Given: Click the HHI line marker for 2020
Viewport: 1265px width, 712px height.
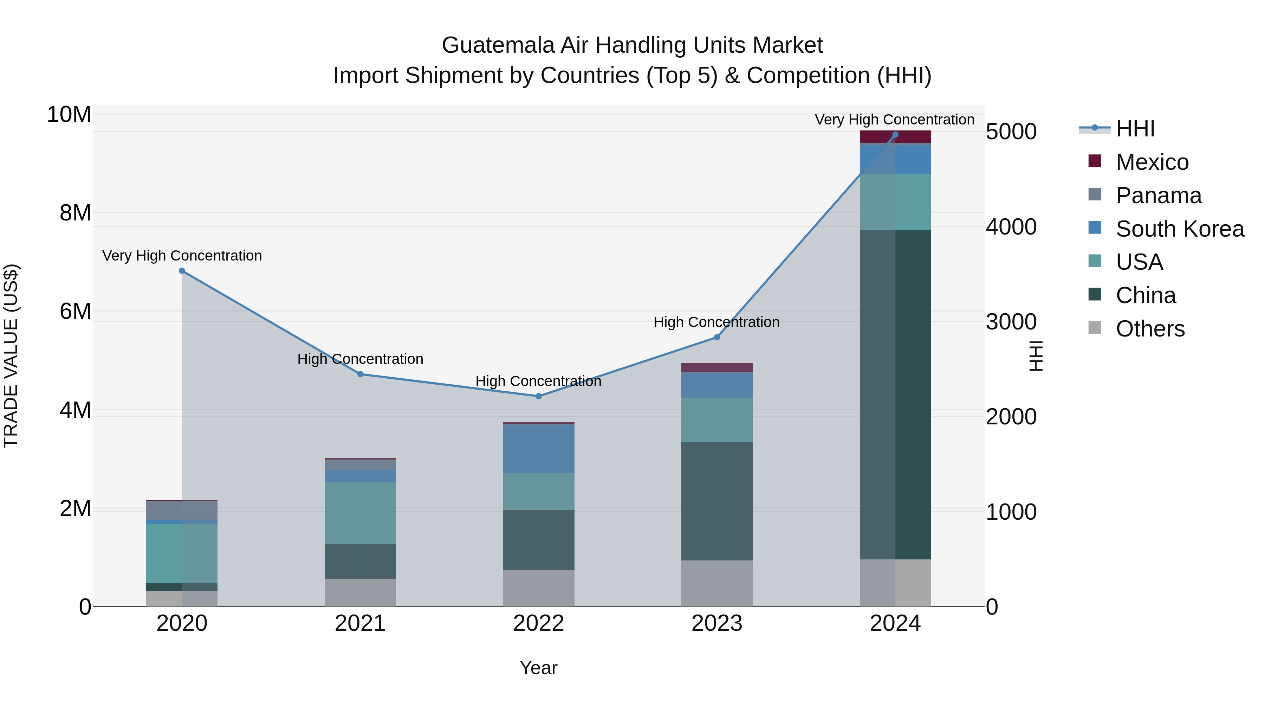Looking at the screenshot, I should pyautogui.click(x=182, y=271).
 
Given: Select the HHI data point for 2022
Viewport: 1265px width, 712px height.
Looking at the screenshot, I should pyautogui.click(x=538, y=396).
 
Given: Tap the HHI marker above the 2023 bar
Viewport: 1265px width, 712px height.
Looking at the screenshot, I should pyautogui.click(x=716, y=337).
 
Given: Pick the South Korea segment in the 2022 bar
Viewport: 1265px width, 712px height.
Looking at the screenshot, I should pyautogui.click(x=538, y=448).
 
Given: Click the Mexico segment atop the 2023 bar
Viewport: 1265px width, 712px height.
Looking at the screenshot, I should pyautogui.click(x=716, y=367).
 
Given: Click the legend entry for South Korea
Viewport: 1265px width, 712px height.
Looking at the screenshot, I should pyautogui.click(x=1180, y=229).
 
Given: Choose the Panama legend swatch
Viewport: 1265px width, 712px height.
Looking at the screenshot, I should pyautogui.click(x=1095, y=194).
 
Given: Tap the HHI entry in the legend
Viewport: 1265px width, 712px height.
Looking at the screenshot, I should pyautogui.click(x=1135, y=129).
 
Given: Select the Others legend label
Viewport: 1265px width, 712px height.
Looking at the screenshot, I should pyautogui.click(x=1150, y=329).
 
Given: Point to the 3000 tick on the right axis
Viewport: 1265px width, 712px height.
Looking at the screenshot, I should pyautogui.click(x=1011, y=321).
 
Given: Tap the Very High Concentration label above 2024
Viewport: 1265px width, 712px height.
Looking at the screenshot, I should pyautogui.click(x=894, y=120).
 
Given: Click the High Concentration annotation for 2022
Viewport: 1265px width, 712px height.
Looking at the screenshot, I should pyautogui.click(x=538, y=381).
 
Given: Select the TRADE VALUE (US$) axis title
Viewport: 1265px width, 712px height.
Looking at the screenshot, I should pyautogui.click(x=11, y=356).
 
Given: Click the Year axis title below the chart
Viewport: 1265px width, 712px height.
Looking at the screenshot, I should pyautogui.click(x=538, y=668).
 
